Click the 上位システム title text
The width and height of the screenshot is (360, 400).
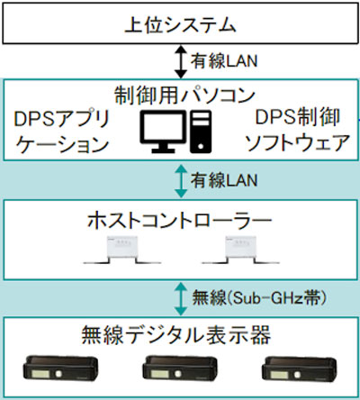tap(180, 24)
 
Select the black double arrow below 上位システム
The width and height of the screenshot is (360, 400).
tap(181, 61)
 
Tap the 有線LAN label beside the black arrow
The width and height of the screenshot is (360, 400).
tap(224, 61)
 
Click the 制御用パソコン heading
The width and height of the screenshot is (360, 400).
tap(184, 95)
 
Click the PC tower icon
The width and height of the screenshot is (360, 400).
tap(201, 132)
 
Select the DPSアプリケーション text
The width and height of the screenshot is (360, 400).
tap(62, 132)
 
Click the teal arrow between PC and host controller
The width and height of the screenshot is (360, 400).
tap(181, 180)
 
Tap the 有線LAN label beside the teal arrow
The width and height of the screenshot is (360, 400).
tap(224, 180)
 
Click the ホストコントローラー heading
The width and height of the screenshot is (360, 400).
tap(179, 221)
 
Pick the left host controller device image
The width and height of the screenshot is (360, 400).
tap(122, 250)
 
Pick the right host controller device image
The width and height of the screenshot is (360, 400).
tap(240, 250)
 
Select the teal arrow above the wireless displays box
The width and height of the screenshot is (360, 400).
tap(181, 298)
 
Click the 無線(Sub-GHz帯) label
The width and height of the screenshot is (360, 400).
tap(259, 298)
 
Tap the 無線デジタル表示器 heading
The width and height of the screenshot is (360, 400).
tap(176, 335)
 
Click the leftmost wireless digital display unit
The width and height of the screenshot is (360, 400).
tap(61, 368)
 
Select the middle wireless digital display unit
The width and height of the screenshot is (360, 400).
tap(180, 368)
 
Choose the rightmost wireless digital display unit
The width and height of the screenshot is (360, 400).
tap(299, 368)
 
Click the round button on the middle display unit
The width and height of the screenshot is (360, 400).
tap(178, 374)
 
